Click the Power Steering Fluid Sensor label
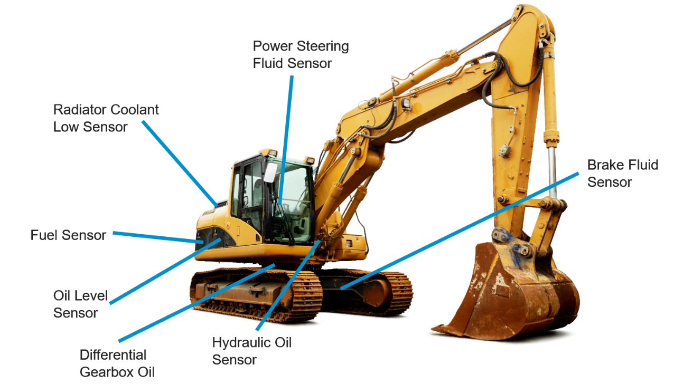pos(301,55)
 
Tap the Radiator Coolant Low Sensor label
pos(106,118)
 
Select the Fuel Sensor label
pos(68,235)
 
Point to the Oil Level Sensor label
pos(80,304)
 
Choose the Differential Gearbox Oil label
pos(117,363)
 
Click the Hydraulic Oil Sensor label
pos(251,351)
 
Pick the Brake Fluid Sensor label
pos(622,174)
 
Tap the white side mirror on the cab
pos(270,172)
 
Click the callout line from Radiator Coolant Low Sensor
pos(180,164)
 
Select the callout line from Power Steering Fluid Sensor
pos(286,137)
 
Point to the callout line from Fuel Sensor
pos(158,237)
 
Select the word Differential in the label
pos(113,354)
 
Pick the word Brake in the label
pos(603,165)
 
